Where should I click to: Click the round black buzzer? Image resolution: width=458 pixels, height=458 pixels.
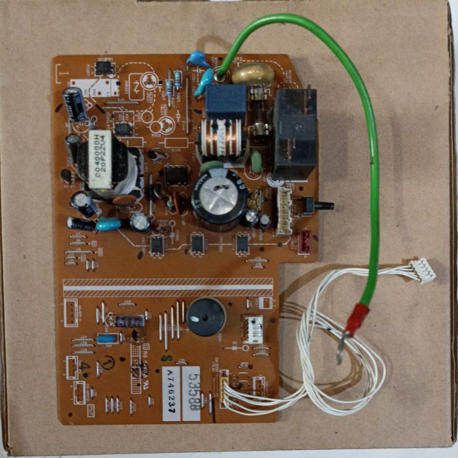pyautogui.click(x=206, y=317)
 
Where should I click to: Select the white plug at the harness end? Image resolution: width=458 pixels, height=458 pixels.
pyautogui.click(x=422, y=270)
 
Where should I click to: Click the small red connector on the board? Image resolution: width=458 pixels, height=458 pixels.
pyautogui.click(x=304, y=241)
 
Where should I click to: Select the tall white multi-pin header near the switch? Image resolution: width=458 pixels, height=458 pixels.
pyautogui.click(x=284, y=212)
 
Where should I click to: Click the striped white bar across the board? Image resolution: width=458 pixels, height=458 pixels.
pyautogui.click(x=167, y=287)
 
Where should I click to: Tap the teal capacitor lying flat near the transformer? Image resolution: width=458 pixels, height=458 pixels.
pyautogui.click(x=109, y=224)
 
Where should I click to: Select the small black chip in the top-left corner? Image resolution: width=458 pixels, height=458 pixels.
pyautogui.click(x=104, y=68)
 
